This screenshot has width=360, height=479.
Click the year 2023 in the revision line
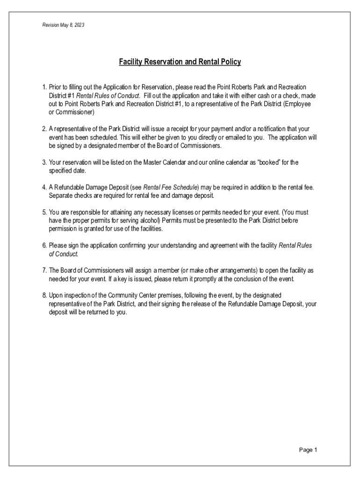[x=78, y=25]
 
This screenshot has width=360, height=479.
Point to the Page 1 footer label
[x=308, y=450]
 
